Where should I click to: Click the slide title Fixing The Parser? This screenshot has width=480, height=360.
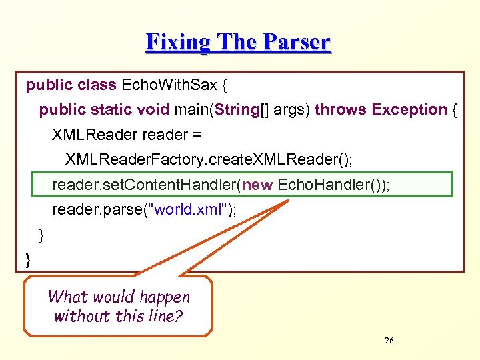[x=238, y=42]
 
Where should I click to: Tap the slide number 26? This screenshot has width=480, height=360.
[x=389, y=341]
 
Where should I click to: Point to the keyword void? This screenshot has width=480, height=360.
[x=153, y=109]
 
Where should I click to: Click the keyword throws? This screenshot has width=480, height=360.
[x=341, y=109]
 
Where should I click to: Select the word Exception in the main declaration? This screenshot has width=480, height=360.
[x=409, y=109]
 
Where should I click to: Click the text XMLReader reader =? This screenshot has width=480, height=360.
[x=127, y=135]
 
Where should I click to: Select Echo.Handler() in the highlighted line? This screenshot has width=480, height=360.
[x=327, y=185]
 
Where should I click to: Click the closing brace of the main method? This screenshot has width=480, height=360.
[x=41, y=235]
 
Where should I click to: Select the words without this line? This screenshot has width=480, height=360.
[x=119, y=316]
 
